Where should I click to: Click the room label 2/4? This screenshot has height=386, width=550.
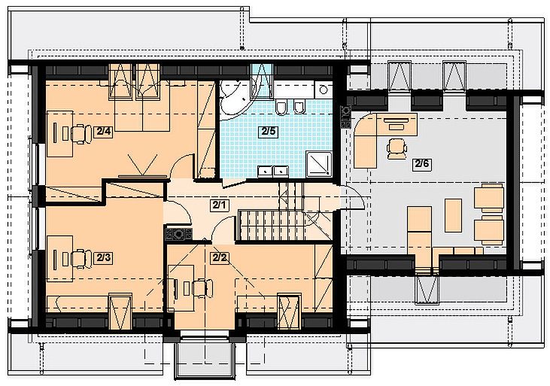(104, 132)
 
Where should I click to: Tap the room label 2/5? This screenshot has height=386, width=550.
(269, 132)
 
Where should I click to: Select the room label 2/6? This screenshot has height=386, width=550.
(422, 164)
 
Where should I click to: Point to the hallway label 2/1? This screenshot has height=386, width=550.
(220, 205)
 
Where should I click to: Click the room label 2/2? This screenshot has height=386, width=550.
(219, 258)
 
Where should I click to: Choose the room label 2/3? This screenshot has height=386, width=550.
(104, 258)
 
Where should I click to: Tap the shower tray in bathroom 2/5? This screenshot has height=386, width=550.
(318, 164)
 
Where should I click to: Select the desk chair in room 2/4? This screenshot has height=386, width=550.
(81, 134)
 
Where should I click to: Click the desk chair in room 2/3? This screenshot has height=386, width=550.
(81, 259)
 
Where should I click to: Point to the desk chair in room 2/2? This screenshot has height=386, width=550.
(202, 288)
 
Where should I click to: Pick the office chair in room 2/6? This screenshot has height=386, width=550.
(397, 149)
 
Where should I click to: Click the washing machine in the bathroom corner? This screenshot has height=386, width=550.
(323, 90)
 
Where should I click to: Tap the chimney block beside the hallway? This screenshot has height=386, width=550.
(179, 234)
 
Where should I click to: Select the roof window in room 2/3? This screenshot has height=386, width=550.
(120, 312)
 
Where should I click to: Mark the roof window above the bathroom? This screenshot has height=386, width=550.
(262, 81)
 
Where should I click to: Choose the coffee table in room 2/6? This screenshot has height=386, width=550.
(453, 215)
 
